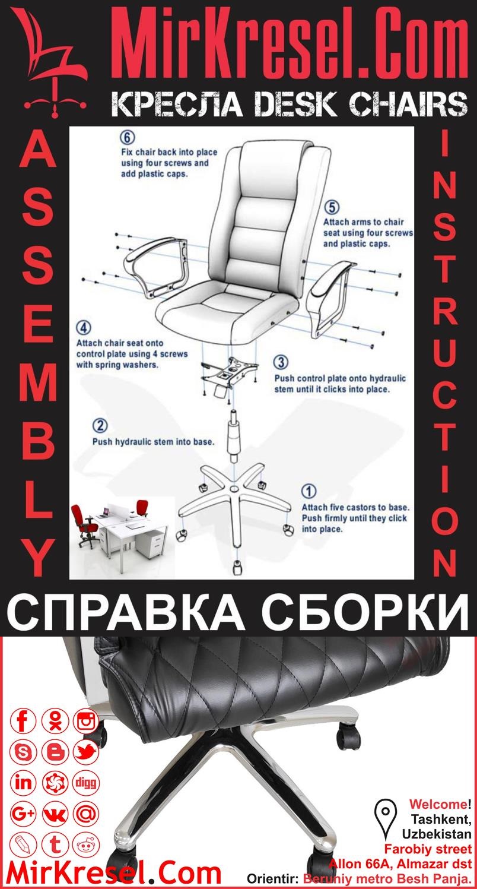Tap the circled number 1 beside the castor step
pyautogui.click(x=309, y=492)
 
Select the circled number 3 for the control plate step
pyautogui.click(x=282, y=362)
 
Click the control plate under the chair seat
pyautogui.click(x=230, y=375)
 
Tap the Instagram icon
pyautogui.click(x=87, y=722)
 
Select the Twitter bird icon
pyautogui.click(x=87, y=752)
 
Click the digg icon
pyautogui.click(x=87, y=783)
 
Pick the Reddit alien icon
pyautogui.click(x=87, y=844)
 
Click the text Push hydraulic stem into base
pyautogui.click(x=153, y=442)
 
